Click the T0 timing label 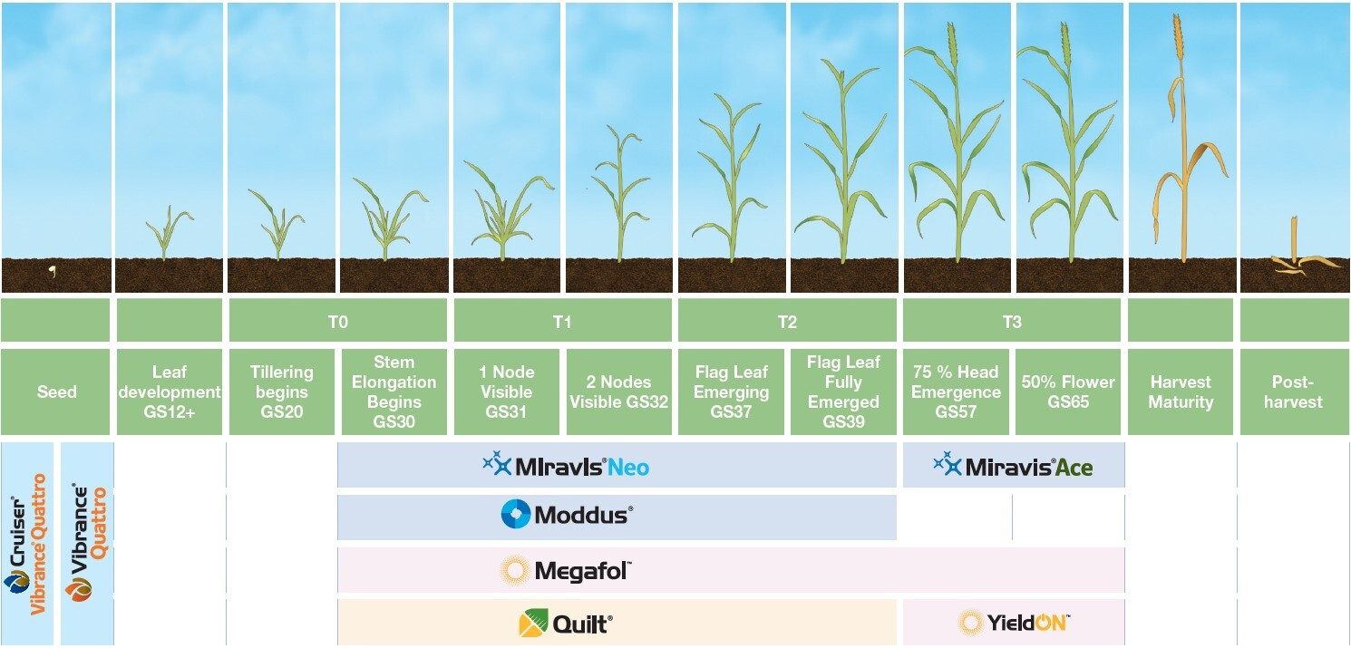click(x=338, y=321)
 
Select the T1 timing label click(x=562, y=321)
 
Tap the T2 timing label click(x=787, y=321)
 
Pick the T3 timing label click(x=1012, y=321)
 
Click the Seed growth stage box click(x=56, y=392)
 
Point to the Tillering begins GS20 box click(x=281, y=392)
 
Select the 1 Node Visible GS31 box click(x=508, y=392)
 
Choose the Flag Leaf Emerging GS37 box click(x=732, y=392)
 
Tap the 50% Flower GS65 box click(x=1068, y=392)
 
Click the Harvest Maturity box click(x=1181, y=392)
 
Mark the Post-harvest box click(x=1293, y=392)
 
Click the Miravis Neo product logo click(x=567, y=467)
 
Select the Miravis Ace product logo click(x=1013, y=467)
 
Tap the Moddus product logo click(x=567, y=516)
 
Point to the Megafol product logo click(x=566, y=571)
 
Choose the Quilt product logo click(x=566, y=624)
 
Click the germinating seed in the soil click(x=52, y=271)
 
